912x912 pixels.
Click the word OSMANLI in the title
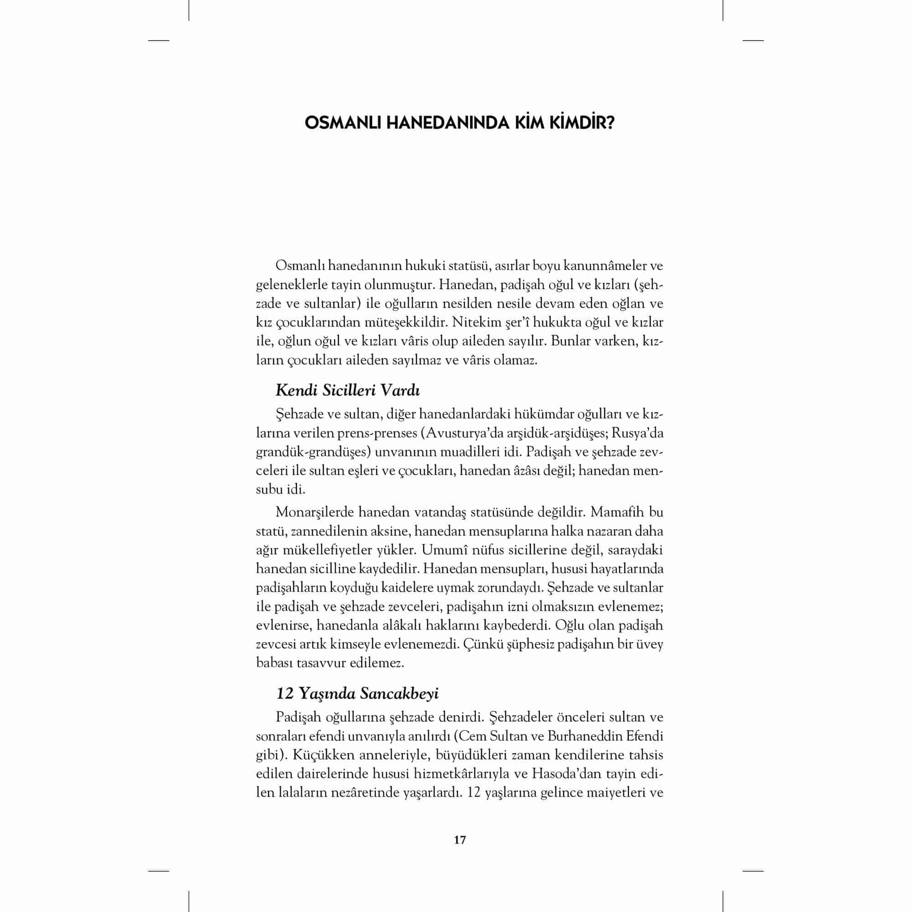343,124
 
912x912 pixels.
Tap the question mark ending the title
609,124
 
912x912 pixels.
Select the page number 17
459,840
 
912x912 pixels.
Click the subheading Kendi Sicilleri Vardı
347,390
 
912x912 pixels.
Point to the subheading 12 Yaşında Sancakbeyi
358,694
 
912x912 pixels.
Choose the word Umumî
440,550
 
